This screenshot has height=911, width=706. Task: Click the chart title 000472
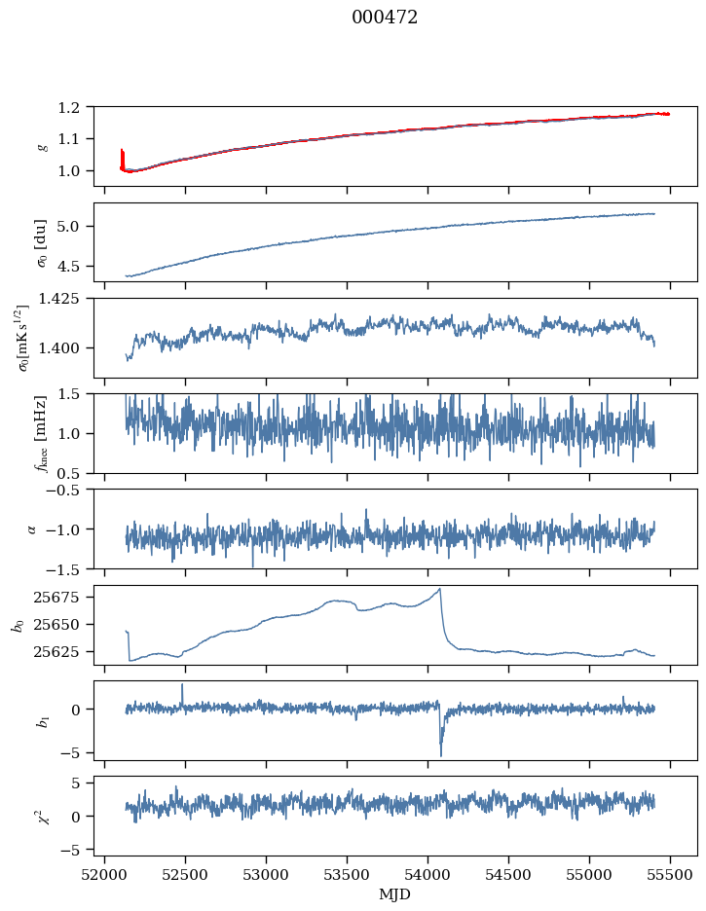pos(385,18)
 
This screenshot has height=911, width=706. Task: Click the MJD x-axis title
pos(394,894)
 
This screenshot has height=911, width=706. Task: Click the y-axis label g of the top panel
pos(42,146)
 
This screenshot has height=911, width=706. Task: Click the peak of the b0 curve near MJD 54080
pos(440,589)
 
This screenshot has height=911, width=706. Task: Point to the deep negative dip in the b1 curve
pos(440,755)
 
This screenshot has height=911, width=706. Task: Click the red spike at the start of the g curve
pos(122,153)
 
